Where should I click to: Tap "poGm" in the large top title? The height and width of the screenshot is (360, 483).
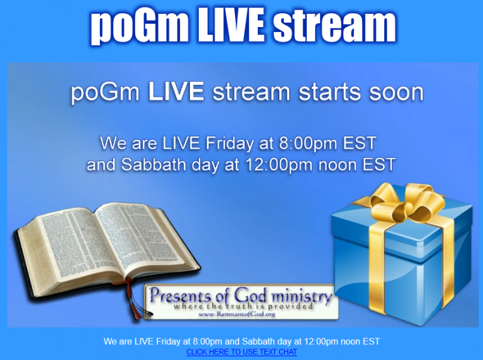130,26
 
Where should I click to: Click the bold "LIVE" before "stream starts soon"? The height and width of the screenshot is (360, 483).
175,93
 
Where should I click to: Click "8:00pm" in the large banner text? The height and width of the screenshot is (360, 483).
308,143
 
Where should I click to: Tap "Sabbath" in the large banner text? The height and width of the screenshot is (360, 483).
157,166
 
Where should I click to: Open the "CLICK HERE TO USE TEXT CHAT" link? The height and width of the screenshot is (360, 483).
241,352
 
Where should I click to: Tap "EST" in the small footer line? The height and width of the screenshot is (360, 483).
372,342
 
